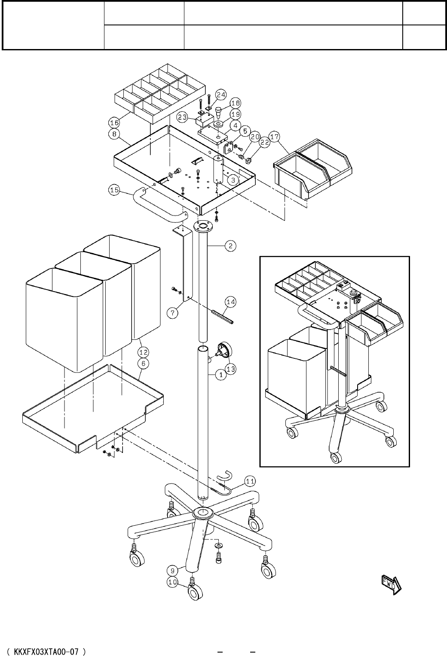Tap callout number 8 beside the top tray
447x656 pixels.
point(114,134)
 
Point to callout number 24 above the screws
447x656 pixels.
point(220,94)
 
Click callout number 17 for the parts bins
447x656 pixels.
point(275,137)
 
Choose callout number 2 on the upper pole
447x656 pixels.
point(230,246)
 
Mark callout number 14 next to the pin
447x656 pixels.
point(231,302)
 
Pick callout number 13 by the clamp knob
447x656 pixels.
point(230,369)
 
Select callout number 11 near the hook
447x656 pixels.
point(251,480)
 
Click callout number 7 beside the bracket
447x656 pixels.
point(172,313)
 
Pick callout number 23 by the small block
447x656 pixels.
point(182,117)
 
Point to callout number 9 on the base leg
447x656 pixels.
point(172,570)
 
